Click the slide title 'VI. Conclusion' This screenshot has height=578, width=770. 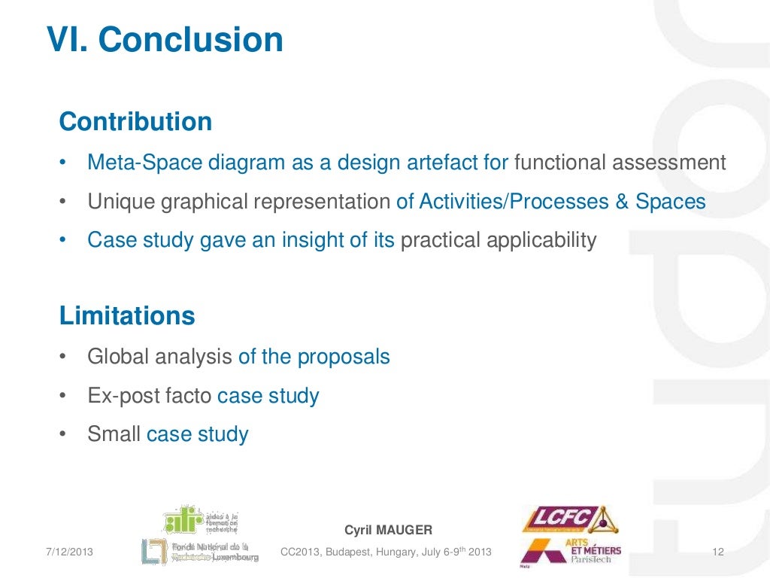tap(165, 41)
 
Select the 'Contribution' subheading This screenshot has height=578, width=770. tap(135, 122)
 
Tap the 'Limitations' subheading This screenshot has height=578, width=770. tap(127, 316)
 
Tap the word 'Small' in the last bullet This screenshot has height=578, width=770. tap(114, 434)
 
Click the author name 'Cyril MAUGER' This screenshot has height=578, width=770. tap(388, 531)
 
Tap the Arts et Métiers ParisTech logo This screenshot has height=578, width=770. tap(571, 551)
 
